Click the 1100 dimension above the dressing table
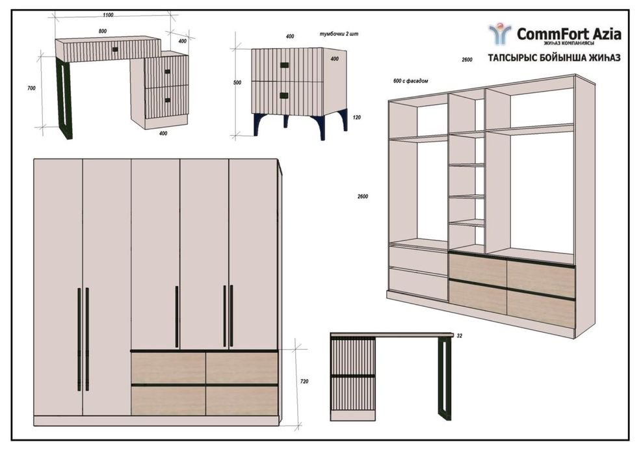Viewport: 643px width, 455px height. click(108, 15)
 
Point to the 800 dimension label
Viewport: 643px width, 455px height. click(103, 31)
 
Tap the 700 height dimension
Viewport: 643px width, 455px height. click(31, 88)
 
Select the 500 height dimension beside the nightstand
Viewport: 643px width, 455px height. click(237, 83)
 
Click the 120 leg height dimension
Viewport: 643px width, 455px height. click(357, 118)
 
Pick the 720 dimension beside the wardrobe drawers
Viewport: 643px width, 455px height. click(304, 382)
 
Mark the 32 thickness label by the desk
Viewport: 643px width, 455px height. click(459, 335)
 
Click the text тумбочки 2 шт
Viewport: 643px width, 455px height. click(339, 34)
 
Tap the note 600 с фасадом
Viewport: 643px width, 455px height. click(410, 81)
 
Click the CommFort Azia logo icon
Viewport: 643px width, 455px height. click(500, 34)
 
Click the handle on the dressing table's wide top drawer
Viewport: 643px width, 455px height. click(115, 49)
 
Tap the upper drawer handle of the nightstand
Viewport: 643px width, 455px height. click(284, 65)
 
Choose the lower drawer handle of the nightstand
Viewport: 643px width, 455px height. click(283, 96)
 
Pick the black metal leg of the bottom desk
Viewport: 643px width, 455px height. click(444, 379)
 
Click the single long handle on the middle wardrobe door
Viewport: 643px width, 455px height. click(177, 317)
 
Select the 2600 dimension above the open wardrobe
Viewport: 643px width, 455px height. click(467, 60)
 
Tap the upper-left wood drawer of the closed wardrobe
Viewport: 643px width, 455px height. click(168, 368)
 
